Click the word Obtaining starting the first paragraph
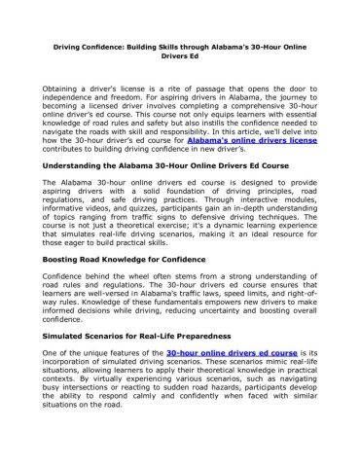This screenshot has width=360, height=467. pyautogui.click(x=64, y=88)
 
